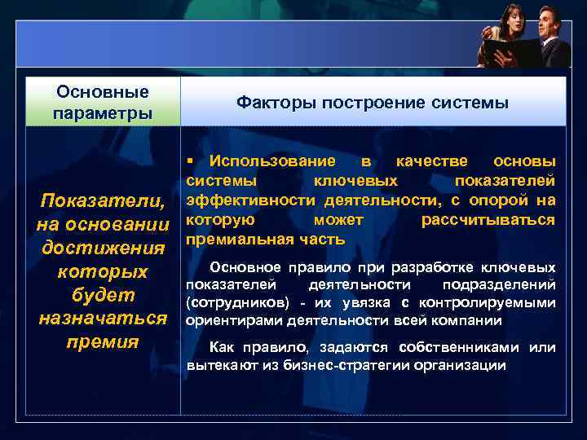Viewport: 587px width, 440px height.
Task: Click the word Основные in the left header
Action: pos(102,91)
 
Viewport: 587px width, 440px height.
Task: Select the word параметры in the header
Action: pos(102,112)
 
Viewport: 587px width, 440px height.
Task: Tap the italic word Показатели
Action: pos(103,201)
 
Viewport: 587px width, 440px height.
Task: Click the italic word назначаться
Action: pos(103,318)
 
